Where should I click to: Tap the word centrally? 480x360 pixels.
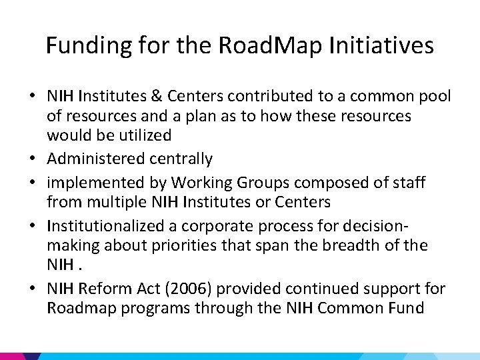coord(181,159)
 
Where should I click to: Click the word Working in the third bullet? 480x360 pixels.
coord(198,182)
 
